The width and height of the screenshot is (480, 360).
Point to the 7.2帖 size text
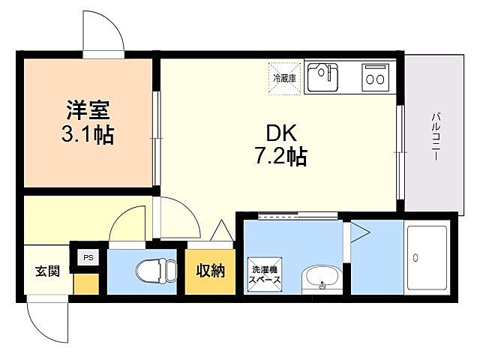tap(279, 157)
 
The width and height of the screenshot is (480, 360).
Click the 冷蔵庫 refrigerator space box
tap(285, 77)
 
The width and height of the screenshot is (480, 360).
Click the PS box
tap(88, 258)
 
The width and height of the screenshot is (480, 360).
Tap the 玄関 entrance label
tap(47, 271)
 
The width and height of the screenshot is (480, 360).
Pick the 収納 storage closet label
tap(211, 271)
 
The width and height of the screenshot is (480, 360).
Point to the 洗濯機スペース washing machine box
tap(265, 274)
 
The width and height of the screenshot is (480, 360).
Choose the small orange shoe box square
tap(85, 283)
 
